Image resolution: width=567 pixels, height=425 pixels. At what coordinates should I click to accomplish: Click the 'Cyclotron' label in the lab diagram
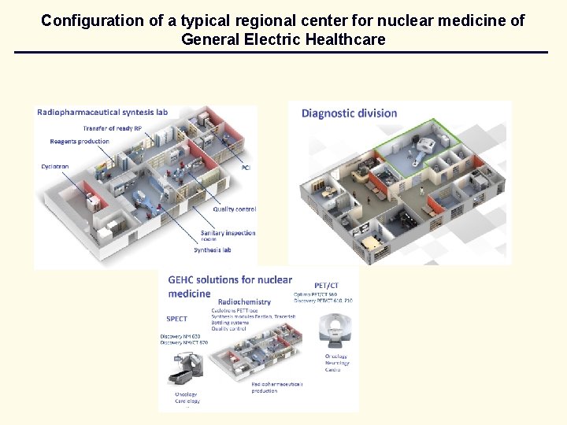pyautogui.click(x=54, y=167)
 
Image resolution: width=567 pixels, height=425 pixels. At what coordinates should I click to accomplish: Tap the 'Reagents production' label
pyautogui.click(x=79, y=142)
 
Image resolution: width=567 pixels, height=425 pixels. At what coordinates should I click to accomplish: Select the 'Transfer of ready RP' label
pyautogui.click(x=113, y=128)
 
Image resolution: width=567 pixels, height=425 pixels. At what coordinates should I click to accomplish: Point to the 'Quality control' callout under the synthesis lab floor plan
pyautogui.click(x=234, y=209)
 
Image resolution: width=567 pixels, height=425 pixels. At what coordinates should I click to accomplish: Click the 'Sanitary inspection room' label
pyautogui.click(x=228, y=237)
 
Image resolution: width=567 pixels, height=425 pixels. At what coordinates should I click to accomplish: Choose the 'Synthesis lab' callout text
pyautogui.click(x=212, y=250)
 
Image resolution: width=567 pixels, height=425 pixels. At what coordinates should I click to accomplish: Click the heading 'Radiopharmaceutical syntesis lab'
pyautogui.click(x=102, y=112)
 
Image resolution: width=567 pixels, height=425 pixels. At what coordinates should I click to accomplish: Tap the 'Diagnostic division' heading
pyautogui.click(x=349, y=113)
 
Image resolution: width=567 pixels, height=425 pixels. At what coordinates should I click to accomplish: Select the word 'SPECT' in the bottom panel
pyautogui.click(x=176, y=319)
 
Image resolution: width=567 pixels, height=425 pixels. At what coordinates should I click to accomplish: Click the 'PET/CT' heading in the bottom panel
pyautogui.click(x=326, y=285)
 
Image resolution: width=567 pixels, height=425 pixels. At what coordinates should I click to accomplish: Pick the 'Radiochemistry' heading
pyautogui.click(x=244, y=301)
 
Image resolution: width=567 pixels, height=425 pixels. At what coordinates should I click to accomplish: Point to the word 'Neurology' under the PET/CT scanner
pyautogui.click(x=337, y=363)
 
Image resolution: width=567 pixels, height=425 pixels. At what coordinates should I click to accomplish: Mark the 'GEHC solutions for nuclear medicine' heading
pyautogui.click(x=229, y=286)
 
